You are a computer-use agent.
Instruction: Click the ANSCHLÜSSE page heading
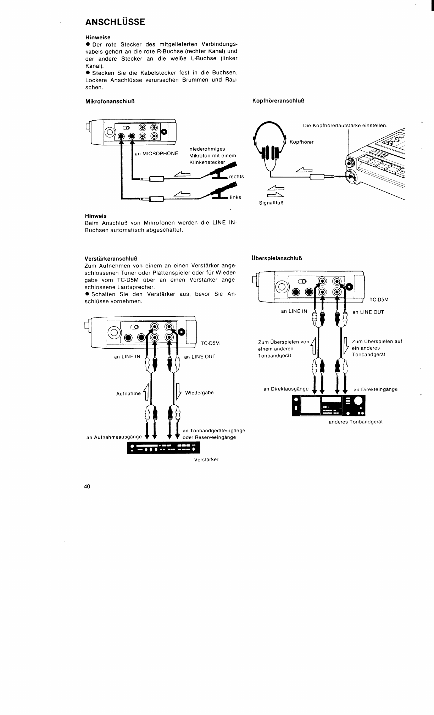tap(115, 22)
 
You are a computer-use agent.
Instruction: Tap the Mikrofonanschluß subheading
tap(110, 101)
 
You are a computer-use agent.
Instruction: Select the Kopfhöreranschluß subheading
tap(278, 101)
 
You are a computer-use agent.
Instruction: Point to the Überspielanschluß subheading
tap(277, 258)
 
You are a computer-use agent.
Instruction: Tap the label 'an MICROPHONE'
tap(156, 154)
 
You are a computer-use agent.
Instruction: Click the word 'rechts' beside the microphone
tap(237, 176)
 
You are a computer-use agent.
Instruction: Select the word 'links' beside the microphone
tap(235, 197)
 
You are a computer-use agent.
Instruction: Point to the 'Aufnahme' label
tap(128, 394)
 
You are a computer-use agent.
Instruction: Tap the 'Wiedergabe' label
tap(199, 393)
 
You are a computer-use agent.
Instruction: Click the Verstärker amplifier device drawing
tap(163, 449)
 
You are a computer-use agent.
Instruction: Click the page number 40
tap(87, 486)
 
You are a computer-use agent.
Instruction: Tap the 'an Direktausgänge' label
tap(286, 389)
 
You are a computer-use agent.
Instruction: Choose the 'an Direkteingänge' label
tap(375, 389)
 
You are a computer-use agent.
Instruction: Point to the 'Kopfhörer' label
tap(301, 142)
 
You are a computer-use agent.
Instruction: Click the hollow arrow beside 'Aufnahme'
tap(145, 392)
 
